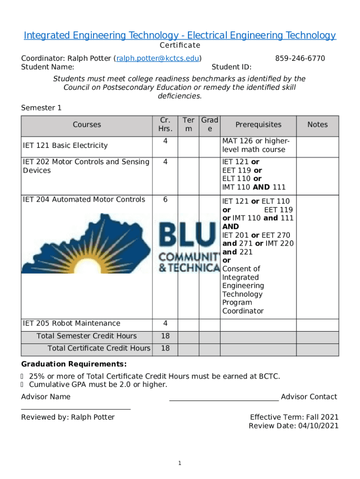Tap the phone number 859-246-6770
[300, 58]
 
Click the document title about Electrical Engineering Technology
[180, 36]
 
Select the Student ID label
[231, 67]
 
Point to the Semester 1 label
[41, 108]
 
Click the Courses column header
[87, 124]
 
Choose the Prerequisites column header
[258, 124]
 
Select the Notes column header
[317, 124]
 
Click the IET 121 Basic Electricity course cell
[65, 145]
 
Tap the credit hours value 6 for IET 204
[165, 200]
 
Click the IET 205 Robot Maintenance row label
[72, 323]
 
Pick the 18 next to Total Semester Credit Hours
[165, 336]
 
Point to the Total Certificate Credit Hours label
[99, 348]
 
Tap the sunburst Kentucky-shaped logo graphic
[87, 243]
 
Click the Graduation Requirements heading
[73, 364]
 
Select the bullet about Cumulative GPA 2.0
[98, 385]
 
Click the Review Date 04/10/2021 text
[294, 426]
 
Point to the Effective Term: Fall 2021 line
[294, 417]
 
